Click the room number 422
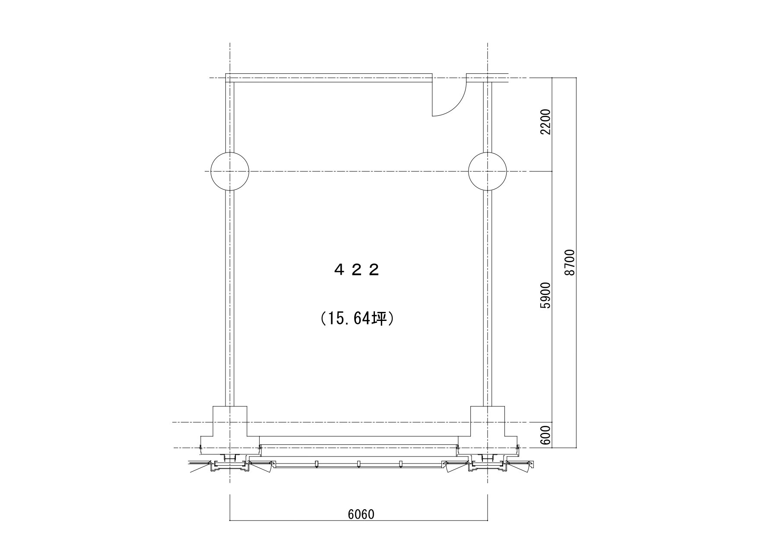[x=357, y=270]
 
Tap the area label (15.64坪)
[x=357, y=319]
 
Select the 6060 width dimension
[x=361, y=514]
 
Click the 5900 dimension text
[x=546, y=295]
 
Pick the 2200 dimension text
[x=546, y=122]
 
